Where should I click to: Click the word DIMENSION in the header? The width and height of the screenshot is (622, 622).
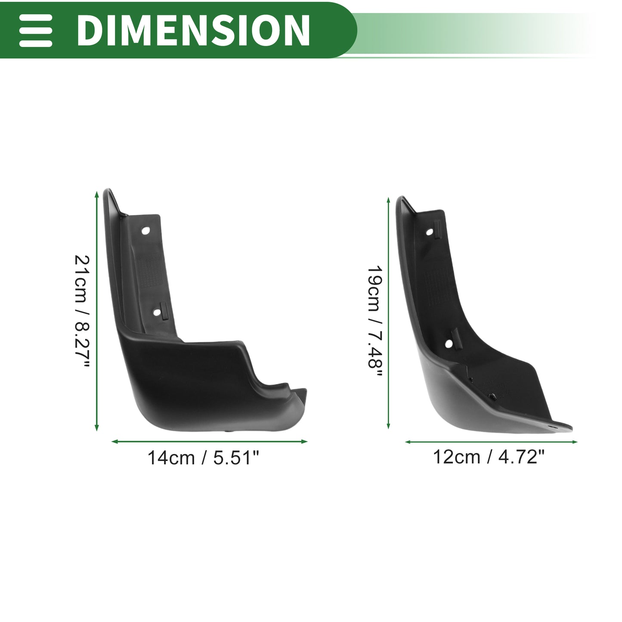coord(193,30)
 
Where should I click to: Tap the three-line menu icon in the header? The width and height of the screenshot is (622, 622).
coord(35,30)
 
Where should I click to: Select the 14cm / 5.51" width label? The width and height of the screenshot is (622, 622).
coord(203,458)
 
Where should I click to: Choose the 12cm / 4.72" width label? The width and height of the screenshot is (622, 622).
coord(489,457)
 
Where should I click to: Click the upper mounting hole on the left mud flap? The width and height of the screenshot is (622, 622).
coord(145,231)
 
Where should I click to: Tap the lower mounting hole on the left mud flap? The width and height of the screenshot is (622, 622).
coord(157,313)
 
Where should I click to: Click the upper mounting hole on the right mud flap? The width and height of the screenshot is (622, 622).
coord(430,232)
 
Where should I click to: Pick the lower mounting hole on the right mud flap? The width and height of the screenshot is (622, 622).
coord(449,344)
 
